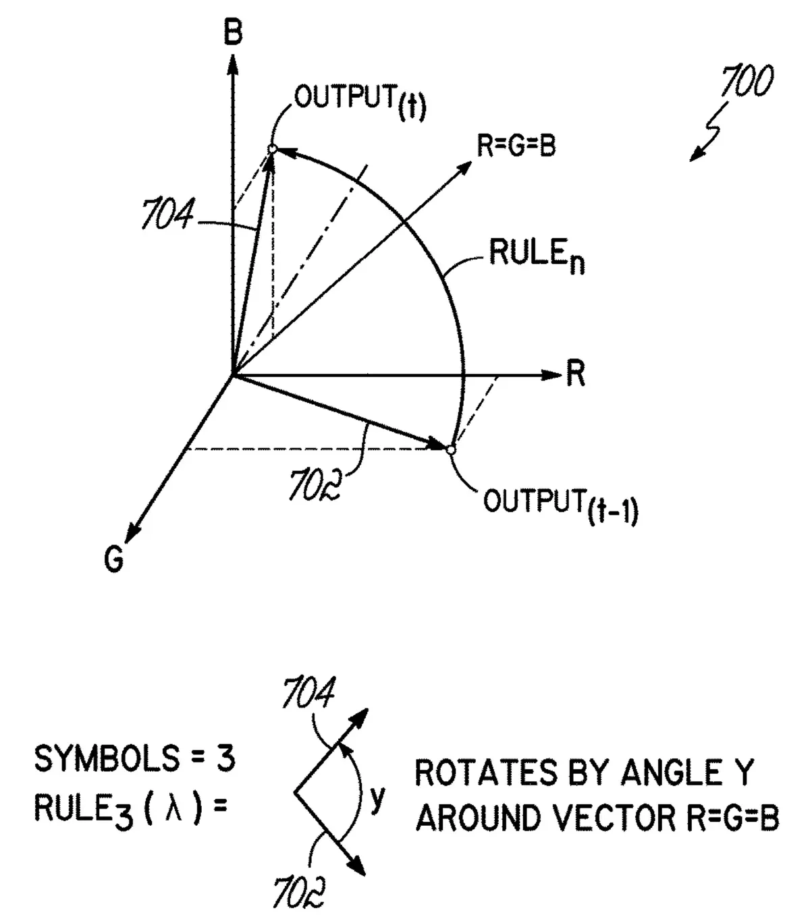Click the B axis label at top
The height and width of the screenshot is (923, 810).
pyautogui.click(x=233, y=32)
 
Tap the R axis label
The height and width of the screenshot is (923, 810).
pyautogui.click(x=576, y=374)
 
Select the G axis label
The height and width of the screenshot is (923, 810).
pyautogui.click(x=115, y=559)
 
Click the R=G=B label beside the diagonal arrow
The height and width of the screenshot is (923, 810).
pyautogui.click(x=516, y=145)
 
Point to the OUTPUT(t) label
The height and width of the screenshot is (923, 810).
pyautogui.click(x=360, y=101)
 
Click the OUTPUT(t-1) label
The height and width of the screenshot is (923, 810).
pyautogui.click(x=560, y=507)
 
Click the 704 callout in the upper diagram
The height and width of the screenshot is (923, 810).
pyautogui.click(x=167, y=217)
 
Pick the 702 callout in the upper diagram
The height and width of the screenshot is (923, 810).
pyautogui.click(x=315, y=485)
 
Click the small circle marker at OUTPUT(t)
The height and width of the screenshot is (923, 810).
pyautogui.click(x=272, y=149)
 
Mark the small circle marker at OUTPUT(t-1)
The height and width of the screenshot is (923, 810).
pyautogui.click(x=451, y=449)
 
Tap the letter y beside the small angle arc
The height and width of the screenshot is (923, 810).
pyautogui.click(x=378, y=800)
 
